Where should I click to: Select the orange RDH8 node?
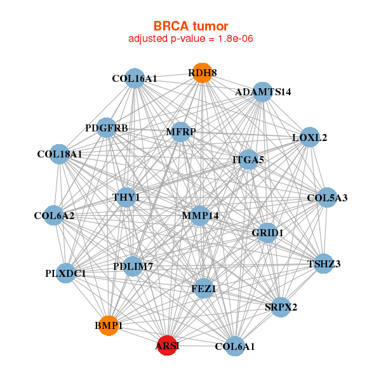tap(202, 73)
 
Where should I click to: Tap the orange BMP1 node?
tap(109, 325)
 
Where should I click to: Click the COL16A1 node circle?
tap(134, 78)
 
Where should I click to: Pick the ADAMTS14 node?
tap(262, 91)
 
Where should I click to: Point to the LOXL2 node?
tap(309, 137)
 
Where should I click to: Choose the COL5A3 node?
tap(327, 197)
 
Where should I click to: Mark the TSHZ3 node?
tap(324, 264)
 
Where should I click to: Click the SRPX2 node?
tap(281, 307)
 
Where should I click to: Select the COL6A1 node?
tap(235, 346)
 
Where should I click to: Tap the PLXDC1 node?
tap(66, 273)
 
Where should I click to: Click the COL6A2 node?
tap(55, 216)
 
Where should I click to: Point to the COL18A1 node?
tap(59, 154)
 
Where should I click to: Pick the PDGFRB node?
tap(107, 128)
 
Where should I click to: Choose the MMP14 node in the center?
tap(200, 215)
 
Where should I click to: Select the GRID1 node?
tap(267, 233)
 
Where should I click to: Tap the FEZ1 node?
tap(204, 288)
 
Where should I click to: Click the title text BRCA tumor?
tap(190, 26)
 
